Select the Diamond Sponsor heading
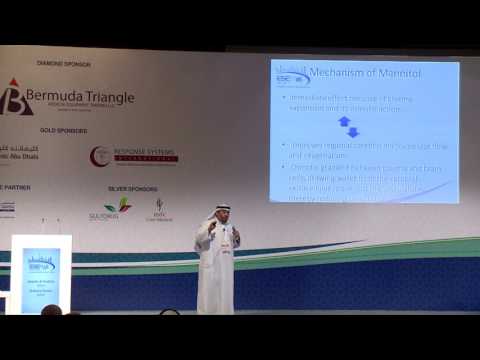pyautogui.click(x=63, y=64)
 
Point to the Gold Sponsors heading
pyautogui.click(x=60, y=130)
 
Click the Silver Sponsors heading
pyautogui.click(x=132, y=188)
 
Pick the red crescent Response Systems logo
pyautogui.click(x=98, y=156)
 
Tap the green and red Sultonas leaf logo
pyautogui.click(x=117, y=206)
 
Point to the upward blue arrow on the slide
pyautogui.click(x=345, y=121)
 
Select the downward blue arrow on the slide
pyautogui.click(x=352, y=132)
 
